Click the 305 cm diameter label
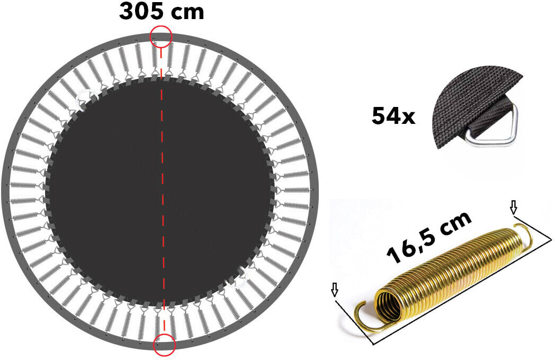point(162,12)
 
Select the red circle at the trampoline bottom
point(164,344)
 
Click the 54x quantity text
point(393,116)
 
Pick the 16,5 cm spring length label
point(429,238)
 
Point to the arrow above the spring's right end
point(513,207)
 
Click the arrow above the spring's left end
point(334,289)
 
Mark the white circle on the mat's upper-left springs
point(85,98)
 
